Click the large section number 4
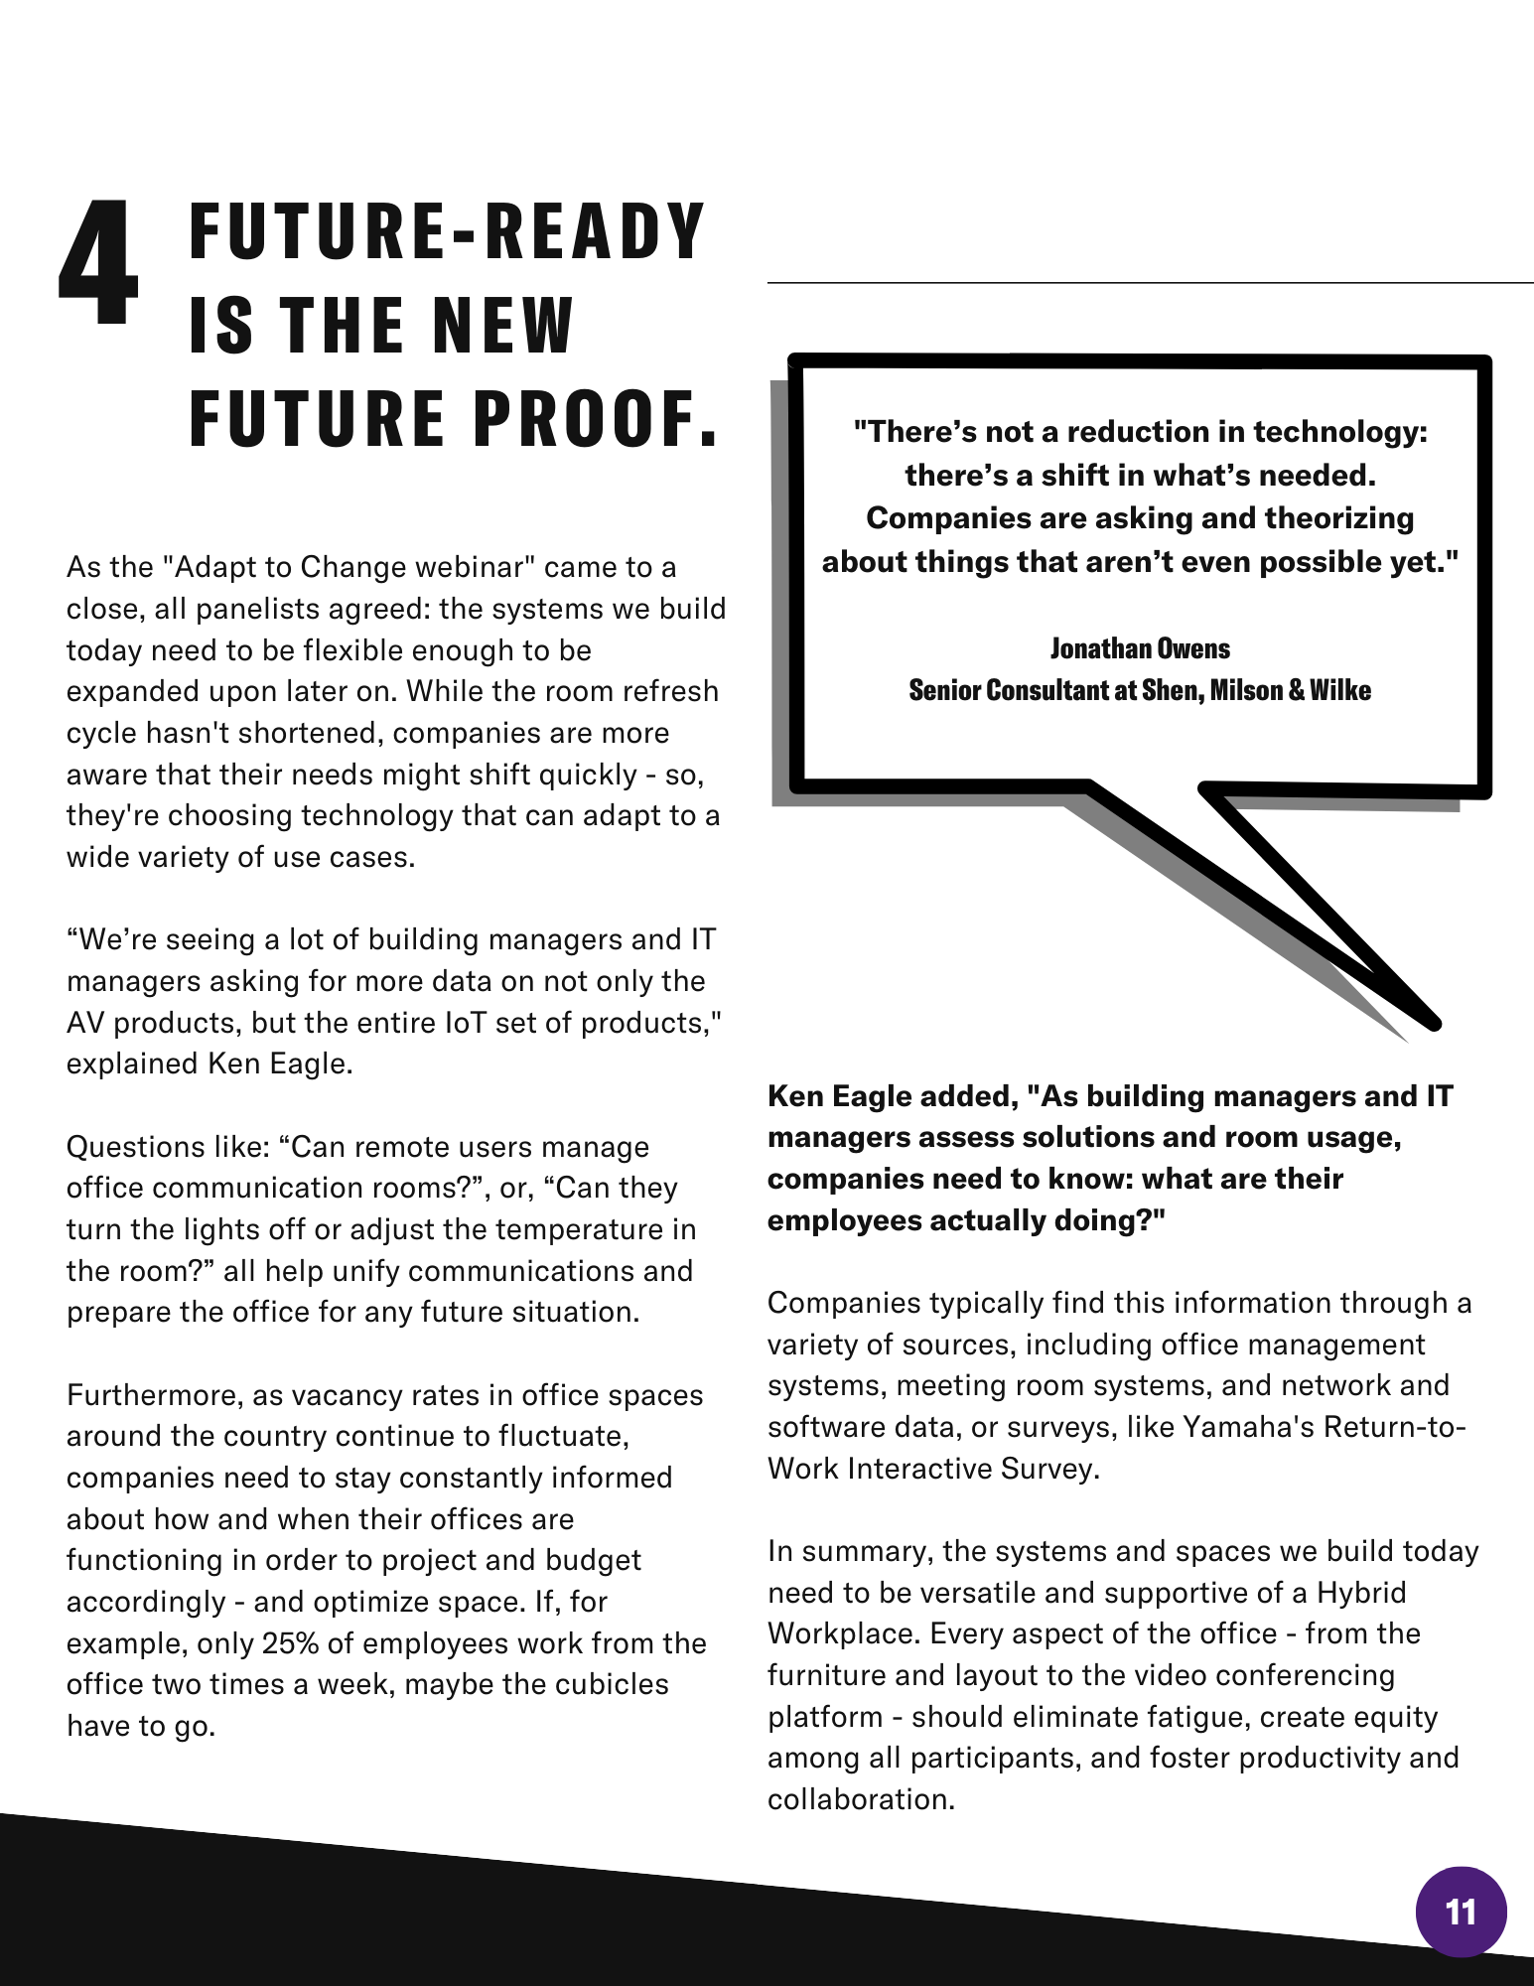click(x=98, y=263)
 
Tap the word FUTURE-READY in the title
click(x=447, y=231)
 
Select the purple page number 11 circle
click(x=1461, y=1912)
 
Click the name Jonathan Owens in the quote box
click(x=1140, y=648)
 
